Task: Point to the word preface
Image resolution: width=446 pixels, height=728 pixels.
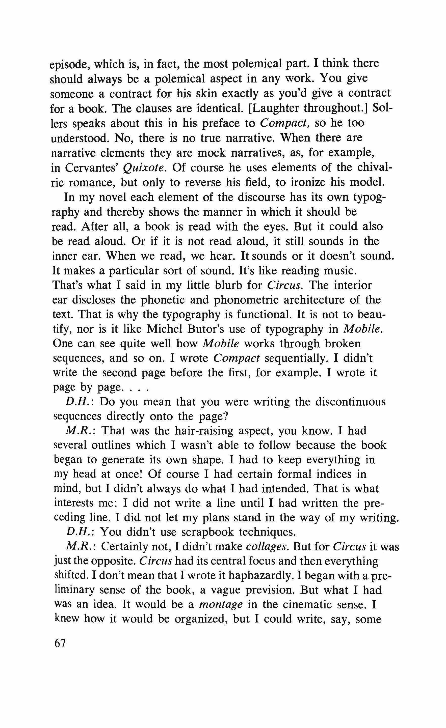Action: point(221,123)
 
